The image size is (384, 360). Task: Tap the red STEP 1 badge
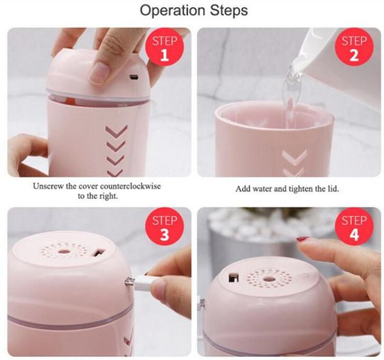(x=164, y=49)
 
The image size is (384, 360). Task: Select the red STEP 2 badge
(x=354, y=49)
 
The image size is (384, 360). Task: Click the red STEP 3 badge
(x=164, y=228)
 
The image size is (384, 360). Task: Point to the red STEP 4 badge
(x=354, y=228)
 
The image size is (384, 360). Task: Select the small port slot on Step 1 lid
(x=134, y=78)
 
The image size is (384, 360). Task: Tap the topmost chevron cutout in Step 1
(x=117, y=131)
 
